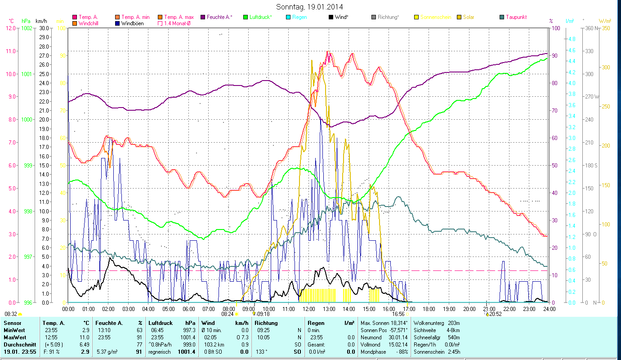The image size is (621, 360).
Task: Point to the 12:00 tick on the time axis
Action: click(309, 309)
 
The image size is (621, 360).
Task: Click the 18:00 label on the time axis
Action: click(429, 309)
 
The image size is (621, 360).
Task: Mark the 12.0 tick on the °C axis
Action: click(11, 28)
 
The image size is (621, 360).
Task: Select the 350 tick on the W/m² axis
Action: click(605, 28)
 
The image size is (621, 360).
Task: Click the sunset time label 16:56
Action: click(398, 314)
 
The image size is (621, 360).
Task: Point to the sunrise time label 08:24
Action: click(228, 314)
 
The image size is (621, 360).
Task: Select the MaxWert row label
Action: click(14, 337)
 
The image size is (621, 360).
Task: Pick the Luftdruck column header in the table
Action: click(160, 323)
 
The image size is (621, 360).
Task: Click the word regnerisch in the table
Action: click(160, 352)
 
